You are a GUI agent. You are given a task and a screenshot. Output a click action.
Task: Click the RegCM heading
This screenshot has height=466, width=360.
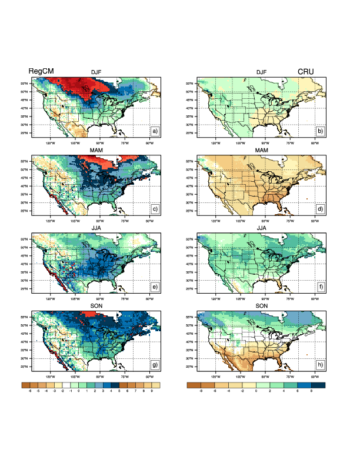[41, 71]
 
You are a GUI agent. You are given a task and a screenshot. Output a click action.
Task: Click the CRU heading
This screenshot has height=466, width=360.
[305, 71]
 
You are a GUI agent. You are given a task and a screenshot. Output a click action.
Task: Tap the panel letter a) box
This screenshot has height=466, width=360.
[155, 131]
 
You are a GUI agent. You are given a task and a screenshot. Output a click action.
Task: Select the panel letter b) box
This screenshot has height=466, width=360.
[320, 131]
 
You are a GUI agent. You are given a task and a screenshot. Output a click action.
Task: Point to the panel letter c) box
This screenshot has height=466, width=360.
[155, 209]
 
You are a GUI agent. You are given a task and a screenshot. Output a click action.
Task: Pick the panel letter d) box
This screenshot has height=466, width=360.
[320, 209]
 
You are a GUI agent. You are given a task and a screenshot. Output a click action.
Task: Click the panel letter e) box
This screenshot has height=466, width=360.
[155, 287]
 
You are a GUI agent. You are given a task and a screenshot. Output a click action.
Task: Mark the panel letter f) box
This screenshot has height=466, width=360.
[320, 287]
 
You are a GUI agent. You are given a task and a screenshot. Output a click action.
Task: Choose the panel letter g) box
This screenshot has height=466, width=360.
[155, 365]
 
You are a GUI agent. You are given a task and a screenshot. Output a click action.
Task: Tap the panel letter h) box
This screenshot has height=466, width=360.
[320, 365]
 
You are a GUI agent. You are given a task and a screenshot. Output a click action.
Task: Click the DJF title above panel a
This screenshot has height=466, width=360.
[96, 72]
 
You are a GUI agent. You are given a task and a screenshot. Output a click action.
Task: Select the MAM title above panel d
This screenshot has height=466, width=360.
[262, 151]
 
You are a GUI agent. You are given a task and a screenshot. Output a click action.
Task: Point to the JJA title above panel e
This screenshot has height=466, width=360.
[96, 229]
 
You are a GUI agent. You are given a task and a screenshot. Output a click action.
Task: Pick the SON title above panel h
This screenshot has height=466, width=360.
[262, 307]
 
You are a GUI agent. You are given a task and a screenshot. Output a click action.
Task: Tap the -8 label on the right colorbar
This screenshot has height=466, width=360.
[201, 390]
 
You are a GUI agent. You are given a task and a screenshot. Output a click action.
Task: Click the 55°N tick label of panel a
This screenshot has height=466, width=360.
[25, 84]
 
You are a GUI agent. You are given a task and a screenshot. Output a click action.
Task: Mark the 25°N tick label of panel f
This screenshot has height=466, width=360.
[191, 289]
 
